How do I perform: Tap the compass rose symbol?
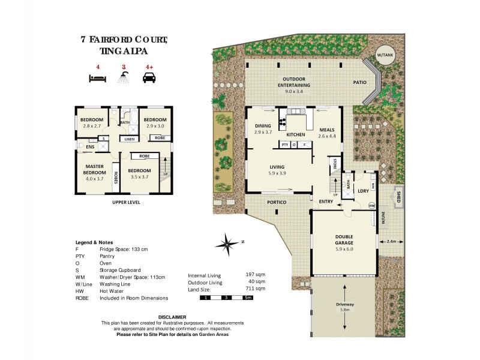pyautogui.click(x=228, y=244)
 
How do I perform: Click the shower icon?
pyautogui.click(x=124, y=77)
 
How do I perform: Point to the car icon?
pyautogui.click(x=148, y=77)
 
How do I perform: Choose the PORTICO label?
pyautogui.click(x=277, y=202)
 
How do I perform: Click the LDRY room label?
pyautogui.click(x=362, y=191)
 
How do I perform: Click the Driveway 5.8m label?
pyautogui.click(x=345, y=307)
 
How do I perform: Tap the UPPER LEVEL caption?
pyautogui.click(x=126, y=203)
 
